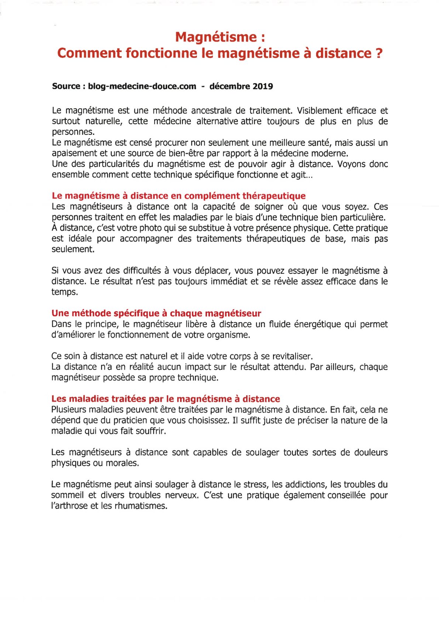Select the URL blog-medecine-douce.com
coord(142,86)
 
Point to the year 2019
coord(263,86)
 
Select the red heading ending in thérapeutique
coord(179,196)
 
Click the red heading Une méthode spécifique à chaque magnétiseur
coord(156,313)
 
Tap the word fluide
coord(272,324)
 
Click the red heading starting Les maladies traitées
coord(166,399)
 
